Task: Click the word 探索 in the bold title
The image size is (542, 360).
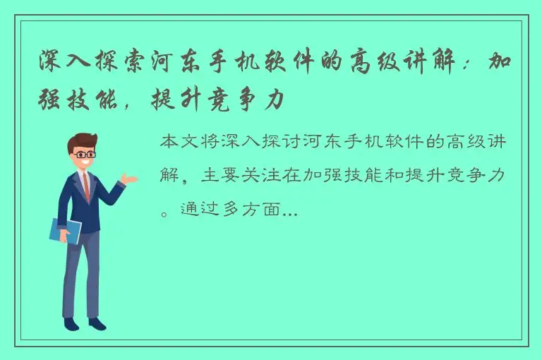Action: pos(120,63)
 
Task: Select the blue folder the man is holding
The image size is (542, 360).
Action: pos(65,231)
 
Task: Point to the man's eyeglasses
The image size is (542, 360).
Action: pos(85,153)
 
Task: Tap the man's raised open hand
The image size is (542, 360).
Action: pos(128,178)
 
